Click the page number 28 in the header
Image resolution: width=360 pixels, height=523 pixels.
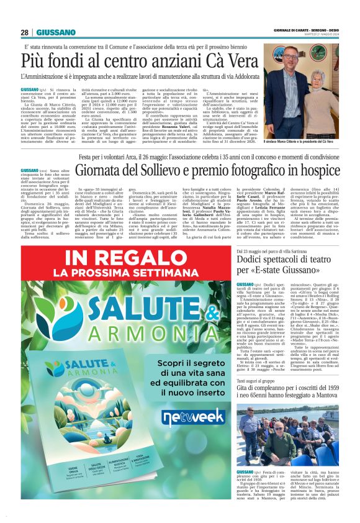click(24, 33)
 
